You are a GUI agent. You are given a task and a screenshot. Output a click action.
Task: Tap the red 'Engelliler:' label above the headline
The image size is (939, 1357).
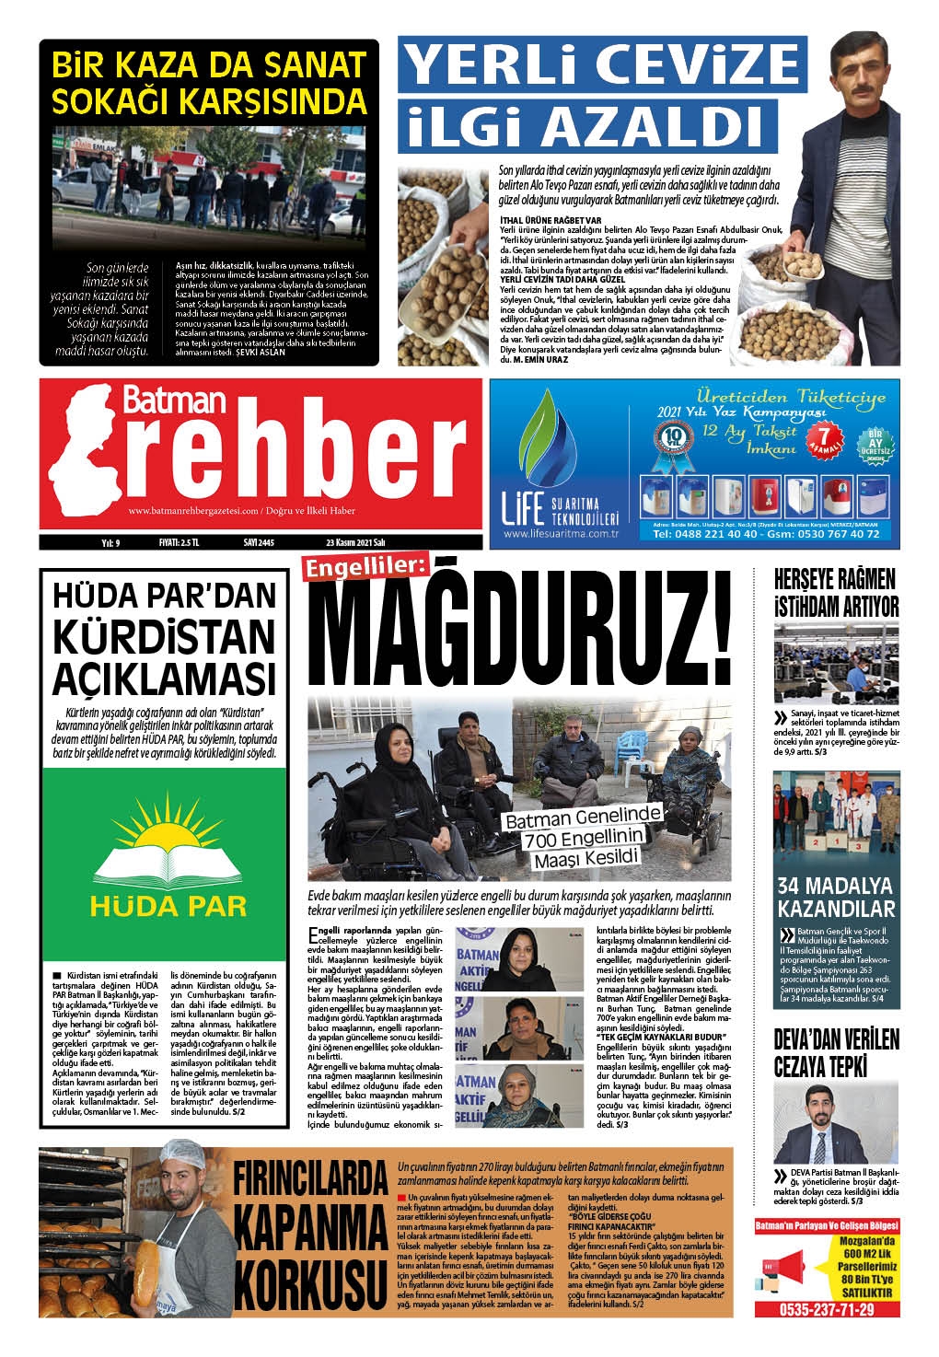[x=362, y=571]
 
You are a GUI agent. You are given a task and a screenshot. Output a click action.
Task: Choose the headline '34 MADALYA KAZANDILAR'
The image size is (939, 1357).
[x=836, y=898]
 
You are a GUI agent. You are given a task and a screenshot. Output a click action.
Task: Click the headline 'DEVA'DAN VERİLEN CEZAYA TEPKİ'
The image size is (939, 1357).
[x=836, y=1053]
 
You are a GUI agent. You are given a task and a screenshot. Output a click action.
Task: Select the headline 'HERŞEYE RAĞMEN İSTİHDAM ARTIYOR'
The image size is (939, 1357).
[x=836, y=593]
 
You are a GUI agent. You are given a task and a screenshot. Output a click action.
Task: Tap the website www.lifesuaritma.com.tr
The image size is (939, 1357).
[x=560, y=534]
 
